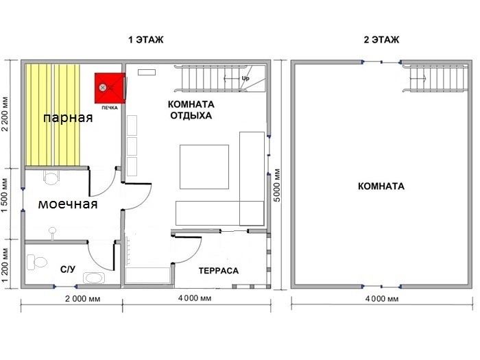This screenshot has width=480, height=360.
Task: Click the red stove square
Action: [110, 88]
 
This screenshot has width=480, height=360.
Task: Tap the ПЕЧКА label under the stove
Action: [110, 108]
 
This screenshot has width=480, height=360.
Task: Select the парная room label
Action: [68, 118]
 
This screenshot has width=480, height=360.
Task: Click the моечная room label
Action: [68, 204]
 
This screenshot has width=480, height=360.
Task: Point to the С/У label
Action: [68, 269]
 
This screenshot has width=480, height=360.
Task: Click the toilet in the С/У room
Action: [37, 263]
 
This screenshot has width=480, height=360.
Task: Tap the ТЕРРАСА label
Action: [219, 271]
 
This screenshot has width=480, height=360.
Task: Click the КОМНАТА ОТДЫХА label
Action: [191, 110]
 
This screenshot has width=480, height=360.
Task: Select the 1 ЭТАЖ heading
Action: [145, 40]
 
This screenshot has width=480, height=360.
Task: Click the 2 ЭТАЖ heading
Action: [381, 40]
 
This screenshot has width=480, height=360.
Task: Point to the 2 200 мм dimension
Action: [5, 114]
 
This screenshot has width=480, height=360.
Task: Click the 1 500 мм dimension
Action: [5, 195]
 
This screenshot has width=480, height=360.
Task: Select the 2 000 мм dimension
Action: [83, 299]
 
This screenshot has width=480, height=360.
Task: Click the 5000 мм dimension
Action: [276, 185]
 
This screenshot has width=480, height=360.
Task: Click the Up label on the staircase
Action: [245, 78]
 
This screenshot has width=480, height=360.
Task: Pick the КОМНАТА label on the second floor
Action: [381, 186]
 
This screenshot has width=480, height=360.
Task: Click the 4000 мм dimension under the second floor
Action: [382, 299]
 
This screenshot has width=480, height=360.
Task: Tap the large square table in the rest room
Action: [204, 167]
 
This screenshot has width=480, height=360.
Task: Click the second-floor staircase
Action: [435, 79]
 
